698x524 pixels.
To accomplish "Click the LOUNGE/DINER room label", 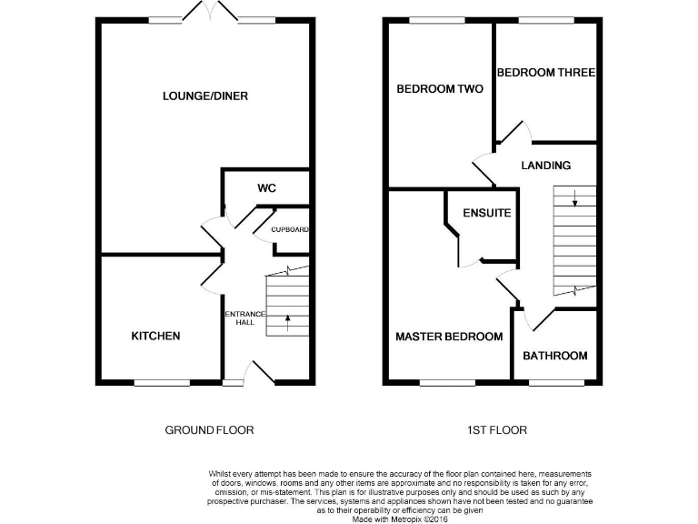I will coord(205,96).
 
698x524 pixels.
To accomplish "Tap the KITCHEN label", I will coord(156,337).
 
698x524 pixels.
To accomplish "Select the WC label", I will coord(266,188).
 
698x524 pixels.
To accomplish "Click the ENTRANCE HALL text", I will coord(244,319).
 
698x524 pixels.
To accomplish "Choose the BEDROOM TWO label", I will coord(440,89).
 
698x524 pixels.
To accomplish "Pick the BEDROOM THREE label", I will coord(545,73).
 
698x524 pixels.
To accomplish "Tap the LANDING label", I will coord(545,166).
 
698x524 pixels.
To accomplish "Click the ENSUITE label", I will coord(486,214).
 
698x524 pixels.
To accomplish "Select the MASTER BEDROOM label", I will coord(449,337).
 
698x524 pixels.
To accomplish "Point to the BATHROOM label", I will coord(554,356).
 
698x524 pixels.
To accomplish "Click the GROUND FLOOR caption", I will coord(208,430).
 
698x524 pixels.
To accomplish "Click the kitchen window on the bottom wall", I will coord(161,383).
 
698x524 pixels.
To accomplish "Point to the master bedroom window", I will coord(447,383).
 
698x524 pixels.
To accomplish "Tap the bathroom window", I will coord(556,383).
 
